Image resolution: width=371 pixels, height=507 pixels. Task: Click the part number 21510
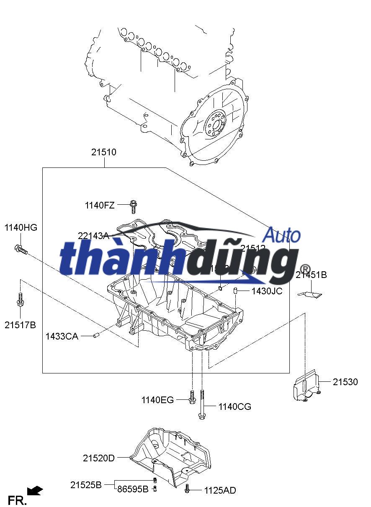click(x=104, y=153)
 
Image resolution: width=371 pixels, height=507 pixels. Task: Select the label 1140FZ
click(x=99, y=205)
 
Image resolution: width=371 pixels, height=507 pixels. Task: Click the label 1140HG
click(x=21, y=228)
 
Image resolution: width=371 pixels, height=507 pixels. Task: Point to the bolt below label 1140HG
click(x=21, y=250)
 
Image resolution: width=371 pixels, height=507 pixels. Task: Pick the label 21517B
click(x=21, y=324)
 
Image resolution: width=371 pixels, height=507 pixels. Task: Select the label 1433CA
click(x=62, y=336)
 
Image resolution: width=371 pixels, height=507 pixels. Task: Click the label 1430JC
click(x=267, y=291)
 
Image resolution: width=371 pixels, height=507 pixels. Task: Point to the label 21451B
click(x=311, y=275)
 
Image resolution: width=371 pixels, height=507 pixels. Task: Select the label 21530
click(x=345, y=382)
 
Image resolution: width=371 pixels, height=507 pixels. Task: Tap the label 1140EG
click(x=157, y=400)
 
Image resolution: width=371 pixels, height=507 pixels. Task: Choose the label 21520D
click(x=98, y=458)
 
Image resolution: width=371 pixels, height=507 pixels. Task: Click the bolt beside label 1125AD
click(x=187, y=488)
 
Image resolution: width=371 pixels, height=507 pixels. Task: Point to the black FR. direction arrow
click(x=35, y=490)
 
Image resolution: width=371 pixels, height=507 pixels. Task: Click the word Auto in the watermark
click(x=283, y=235)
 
